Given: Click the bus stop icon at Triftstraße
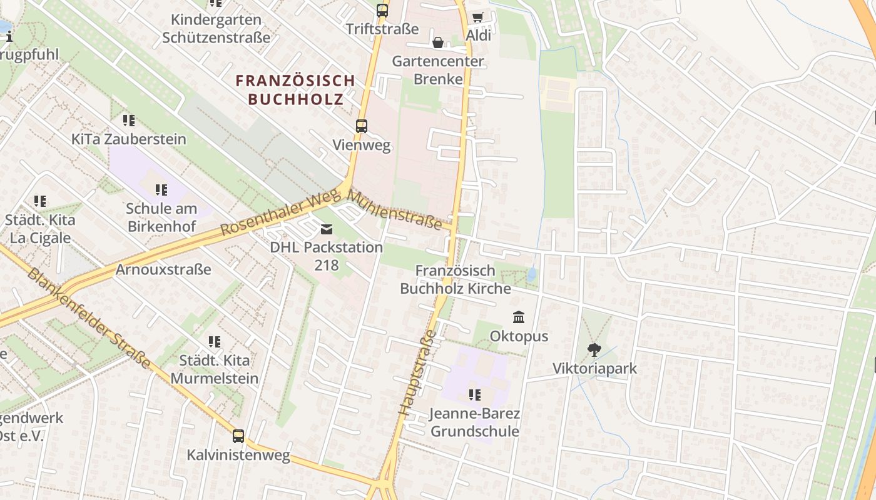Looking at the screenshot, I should pos(382,10).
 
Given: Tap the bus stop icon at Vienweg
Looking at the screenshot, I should pos(362,126).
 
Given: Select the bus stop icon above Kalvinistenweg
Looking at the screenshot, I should pos(238,436).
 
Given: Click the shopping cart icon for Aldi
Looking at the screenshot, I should pos(478,17).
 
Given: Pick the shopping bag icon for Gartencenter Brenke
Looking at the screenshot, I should pos(438,42).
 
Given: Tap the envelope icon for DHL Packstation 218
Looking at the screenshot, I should pos(327,229).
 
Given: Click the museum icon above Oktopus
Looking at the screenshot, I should pos(519,317).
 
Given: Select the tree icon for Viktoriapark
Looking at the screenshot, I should pos(594,350).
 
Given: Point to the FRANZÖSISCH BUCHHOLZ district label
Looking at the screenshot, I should pos(295,89).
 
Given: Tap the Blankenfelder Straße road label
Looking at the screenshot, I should pos(88,319).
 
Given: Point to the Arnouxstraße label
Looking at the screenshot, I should pos(163,269).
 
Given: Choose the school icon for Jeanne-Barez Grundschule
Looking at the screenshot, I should pos(475,394).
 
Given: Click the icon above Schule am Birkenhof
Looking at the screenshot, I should pos(161,189).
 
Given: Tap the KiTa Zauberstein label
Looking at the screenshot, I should pos(129,139).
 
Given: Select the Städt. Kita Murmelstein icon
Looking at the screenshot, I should pos(215,342).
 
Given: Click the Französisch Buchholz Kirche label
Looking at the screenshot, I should pos(456,279).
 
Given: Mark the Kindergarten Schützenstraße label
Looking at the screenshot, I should pos(216,28).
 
